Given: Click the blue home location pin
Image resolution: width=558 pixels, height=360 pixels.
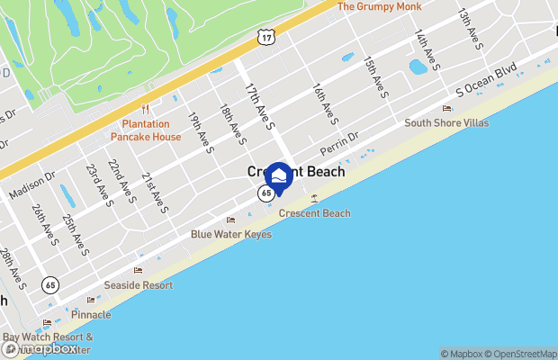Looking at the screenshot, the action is point(279,177).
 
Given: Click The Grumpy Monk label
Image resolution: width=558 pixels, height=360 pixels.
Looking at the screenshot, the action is point(378,6).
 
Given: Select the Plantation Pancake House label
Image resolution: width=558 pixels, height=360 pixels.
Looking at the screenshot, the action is point(146,130).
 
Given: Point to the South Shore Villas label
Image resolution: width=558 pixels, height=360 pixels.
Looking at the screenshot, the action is point(446,122).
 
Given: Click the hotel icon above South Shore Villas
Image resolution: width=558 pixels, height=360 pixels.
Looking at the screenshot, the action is point(446,108).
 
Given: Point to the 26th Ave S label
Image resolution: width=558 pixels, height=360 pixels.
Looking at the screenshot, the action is point(43,224).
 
